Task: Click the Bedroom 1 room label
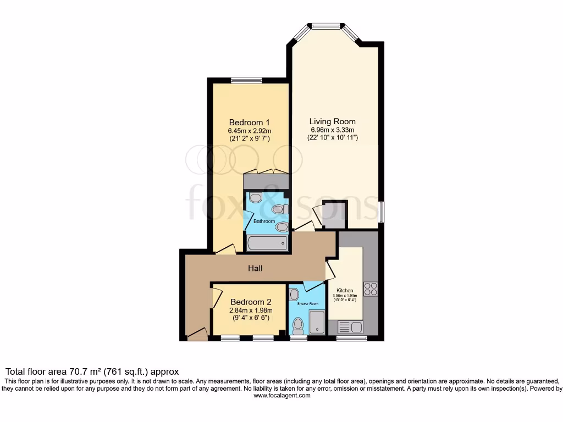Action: click(250, 122)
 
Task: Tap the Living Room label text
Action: click(332, 121)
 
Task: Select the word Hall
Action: click(255, 269)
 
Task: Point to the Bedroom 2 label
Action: click(251, 302)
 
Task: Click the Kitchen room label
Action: click(345, 290)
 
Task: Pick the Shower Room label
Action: click(308, 303)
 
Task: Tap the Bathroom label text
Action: click(264, 221)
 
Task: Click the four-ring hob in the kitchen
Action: click(371, 288)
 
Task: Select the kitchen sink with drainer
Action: click(350, 327)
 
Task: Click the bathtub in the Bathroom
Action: click(267, 242)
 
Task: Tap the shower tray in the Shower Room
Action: click(318, 322)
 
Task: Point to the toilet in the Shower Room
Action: click(299, 325)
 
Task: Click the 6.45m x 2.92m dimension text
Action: click(250, 131)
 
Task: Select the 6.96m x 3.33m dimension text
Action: click(332, 130)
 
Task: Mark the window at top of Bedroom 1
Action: click(246, 81)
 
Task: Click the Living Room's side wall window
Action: click(381, 212)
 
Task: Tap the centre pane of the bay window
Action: click(326, 25)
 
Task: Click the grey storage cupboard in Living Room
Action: click(335, 214)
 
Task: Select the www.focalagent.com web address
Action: click(281, 395)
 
